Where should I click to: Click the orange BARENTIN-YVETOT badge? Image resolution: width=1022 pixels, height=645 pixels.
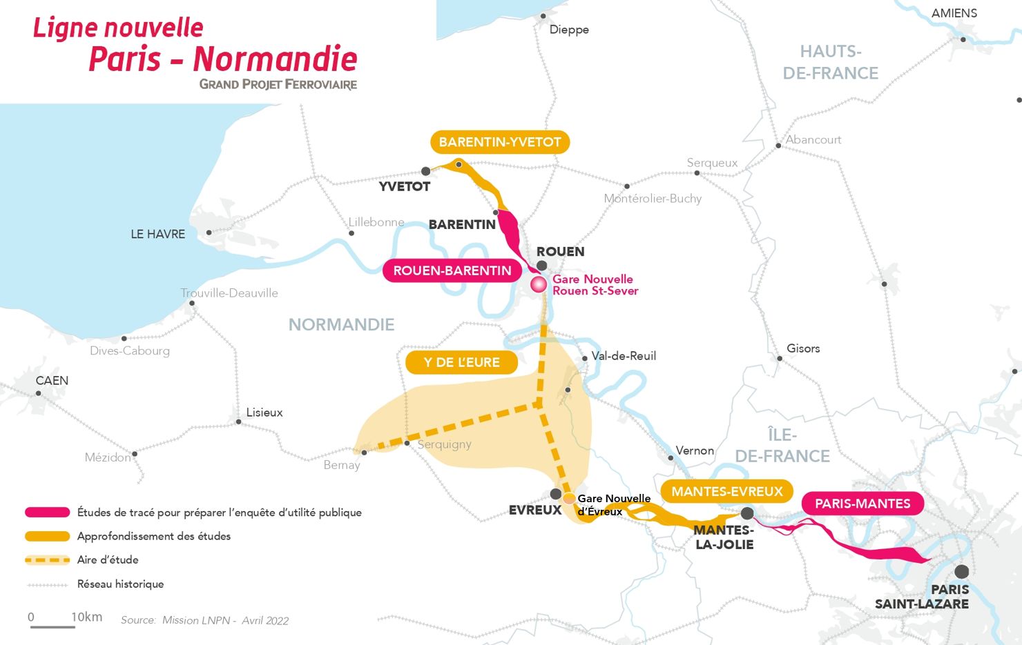[x=500, y=142]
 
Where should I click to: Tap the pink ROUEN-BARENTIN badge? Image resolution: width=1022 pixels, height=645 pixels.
[x=452, y=271]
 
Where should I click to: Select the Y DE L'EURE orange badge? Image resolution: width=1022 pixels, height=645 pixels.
[x=461, y=363]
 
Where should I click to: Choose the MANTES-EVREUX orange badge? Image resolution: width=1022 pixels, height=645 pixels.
[x=727, y=492]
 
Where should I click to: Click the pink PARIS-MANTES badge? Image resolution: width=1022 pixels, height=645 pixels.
[x=862, y=504]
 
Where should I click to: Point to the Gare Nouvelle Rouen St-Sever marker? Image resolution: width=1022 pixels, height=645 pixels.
[x=539, y=284]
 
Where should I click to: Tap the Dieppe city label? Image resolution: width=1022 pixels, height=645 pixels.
[x=569, y=30]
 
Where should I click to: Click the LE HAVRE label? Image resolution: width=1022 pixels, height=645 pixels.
[x=158, y=235]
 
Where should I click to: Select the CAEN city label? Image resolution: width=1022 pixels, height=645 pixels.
[x=52, y=381]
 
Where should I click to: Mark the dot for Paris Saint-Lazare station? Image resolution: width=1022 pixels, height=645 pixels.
[x=961, y=571]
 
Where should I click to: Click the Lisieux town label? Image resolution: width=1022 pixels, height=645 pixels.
[x=264, y=413]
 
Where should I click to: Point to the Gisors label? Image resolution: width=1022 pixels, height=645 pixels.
[x=803, y=348]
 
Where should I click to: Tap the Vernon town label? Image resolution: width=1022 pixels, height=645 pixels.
[x=695, y=450]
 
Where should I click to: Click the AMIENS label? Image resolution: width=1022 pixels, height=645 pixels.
[x=954, y=13]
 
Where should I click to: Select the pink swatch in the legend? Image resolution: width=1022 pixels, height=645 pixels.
[x=48, y=513]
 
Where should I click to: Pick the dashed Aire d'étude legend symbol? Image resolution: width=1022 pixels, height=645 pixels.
[x=48, y=559]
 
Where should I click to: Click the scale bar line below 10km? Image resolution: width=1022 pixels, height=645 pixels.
[x=52, y=626]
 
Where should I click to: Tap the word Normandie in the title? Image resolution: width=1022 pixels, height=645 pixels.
[x=275, y=59]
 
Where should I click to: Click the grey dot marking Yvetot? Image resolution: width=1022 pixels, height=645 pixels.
[x=425, y=171]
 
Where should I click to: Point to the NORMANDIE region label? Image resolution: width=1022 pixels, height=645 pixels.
[x=341, y=325]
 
